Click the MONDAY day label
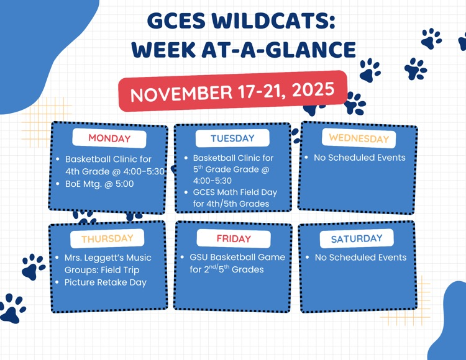tap(109, 138)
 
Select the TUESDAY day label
tap(232, 138)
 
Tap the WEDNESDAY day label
tap(359, 138)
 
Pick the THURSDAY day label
tap(107, 238)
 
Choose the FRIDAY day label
tap(234, 239)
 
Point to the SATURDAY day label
tap(357, 239)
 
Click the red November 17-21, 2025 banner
tap(232, 92)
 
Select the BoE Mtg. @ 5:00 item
tap(99, 184)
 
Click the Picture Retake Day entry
tap(106, 282)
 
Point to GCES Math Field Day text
tap(235, 192)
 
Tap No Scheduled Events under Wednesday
tap(359, 158)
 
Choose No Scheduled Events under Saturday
tap(360, 258)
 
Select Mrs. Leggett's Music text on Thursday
tap(107, 258)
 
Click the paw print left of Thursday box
tap(32, 266)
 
